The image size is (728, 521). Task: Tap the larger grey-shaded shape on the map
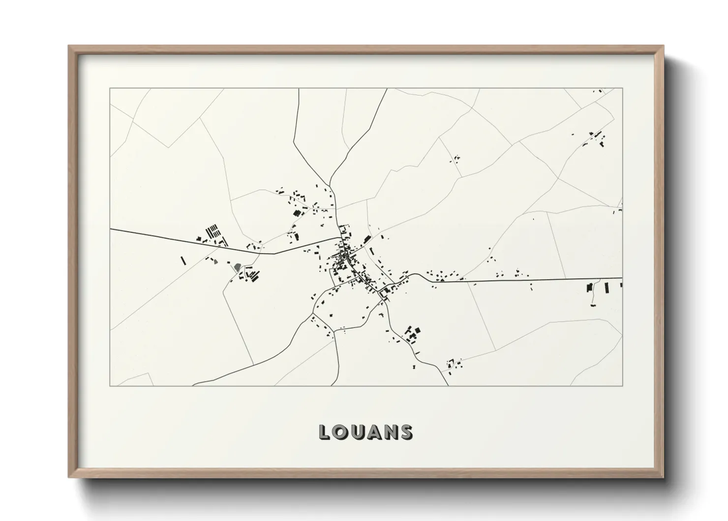[238, 267]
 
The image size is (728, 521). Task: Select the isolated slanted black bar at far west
[182, 260]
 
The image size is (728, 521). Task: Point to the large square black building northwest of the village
[296, 213]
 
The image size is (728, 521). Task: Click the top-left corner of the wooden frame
[69, 46]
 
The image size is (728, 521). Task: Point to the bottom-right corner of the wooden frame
[664, 477]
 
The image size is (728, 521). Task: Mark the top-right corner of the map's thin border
[622, 88]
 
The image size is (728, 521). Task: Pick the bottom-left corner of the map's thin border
[110, 386]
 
